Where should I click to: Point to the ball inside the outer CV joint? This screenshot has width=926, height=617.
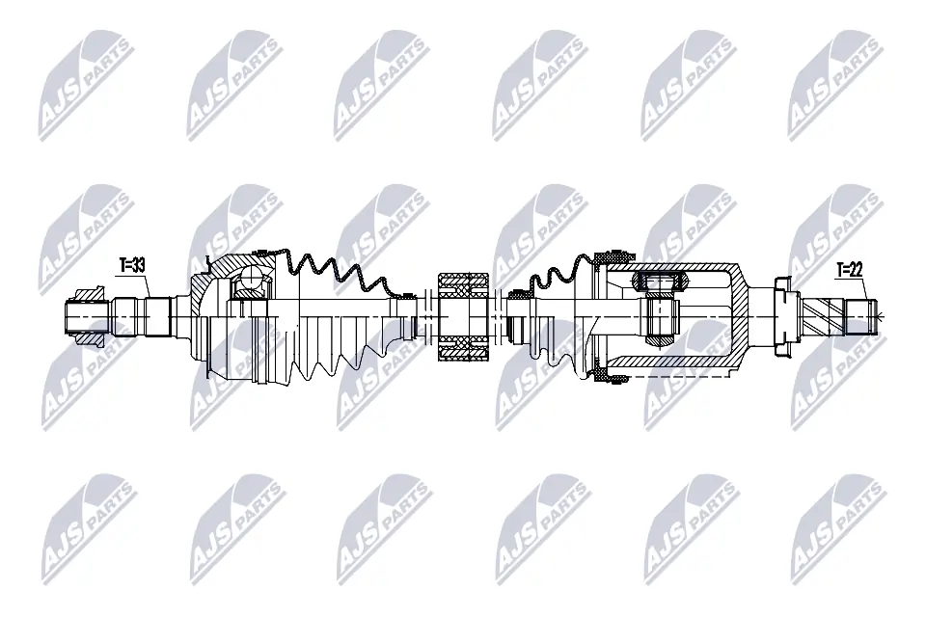[x=253, y=282]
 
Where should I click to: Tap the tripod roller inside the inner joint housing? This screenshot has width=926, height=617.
[x=659, y=282]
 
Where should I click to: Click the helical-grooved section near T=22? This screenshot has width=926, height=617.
[x=828, y=313]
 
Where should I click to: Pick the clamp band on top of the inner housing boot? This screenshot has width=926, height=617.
[x=611, y=257]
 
